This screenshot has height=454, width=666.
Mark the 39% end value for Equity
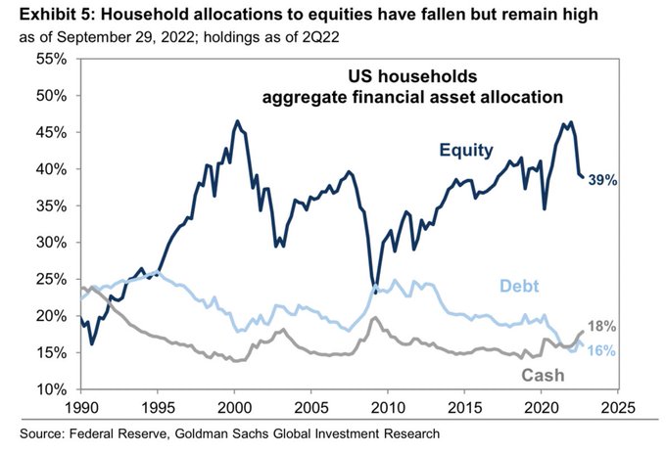(x=601, y=180)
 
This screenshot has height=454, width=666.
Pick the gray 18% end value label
(x=600, y=326)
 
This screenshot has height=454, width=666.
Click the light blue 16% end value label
(x=600, y=350)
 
